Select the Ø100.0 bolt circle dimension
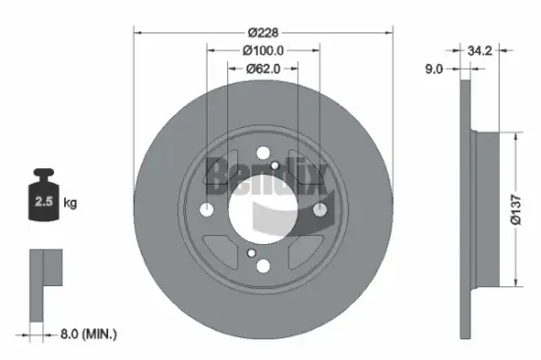(263, 49)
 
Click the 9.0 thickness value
(435, 70)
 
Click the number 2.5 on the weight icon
(42, 203)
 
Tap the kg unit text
(70, 204)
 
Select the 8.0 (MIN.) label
(86, 335)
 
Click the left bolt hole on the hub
(206, 210)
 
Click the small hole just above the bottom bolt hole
(254, 254)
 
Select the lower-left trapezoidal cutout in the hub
(222, 254)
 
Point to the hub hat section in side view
(482, 209)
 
